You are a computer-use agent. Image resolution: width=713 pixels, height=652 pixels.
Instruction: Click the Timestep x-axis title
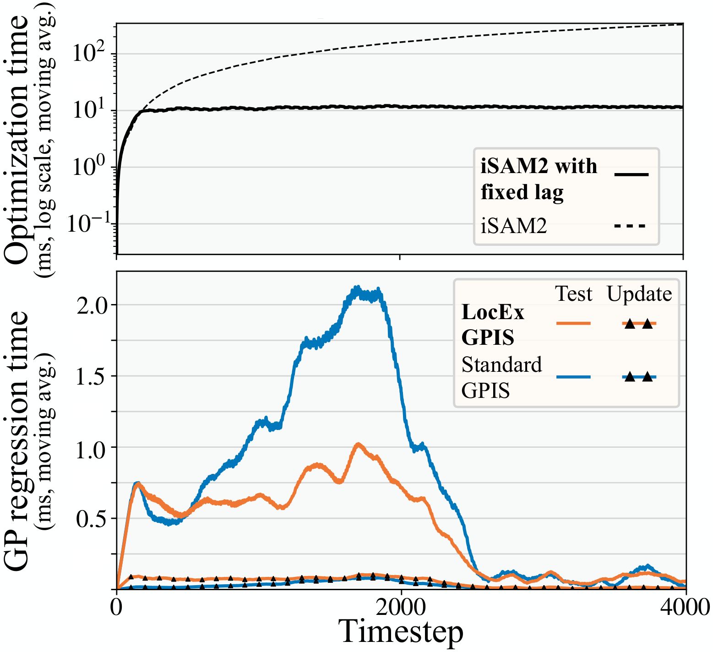coord(401,632)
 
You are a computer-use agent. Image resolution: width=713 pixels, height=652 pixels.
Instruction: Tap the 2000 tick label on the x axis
coord(401,607)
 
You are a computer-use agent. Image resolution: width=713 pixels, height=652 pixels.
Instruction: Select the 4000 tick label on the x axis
coord(686,607)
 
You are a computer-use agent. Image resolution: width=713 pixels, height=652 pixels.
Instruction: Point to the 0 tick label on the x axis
coord(117,607)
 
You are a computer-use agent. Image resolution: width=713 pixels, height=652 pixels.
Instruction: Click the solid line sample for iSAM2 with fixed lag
coord(631,174)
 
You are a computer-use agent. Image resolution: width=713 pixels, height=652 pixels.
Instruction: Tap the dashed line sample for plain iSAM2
coord(630,226)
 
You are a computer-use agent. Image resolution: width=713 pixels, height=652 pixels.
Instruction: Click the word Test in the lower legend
coord(574,293)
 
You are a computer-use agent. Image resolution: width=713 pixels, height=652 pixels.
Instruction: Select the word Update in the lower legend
coord(639,293)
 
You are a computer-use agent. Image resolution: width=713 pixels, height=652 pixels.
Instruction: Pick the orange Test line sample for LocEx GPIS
coord(574,323)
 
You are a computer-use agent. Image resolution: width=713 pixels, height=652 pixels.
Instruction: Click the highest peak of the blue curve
coord(357,288)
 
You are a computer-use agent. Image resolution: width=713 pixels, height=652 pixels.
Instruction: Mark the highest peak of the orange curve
coord(358,444)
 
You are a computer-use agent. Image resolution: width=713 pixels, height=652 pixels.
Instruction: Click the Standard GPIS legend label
coord(502,378)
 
